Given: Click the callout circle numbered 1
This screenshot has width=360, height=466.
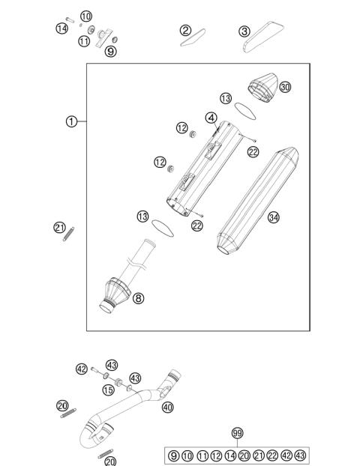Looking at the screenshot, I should point(71,121).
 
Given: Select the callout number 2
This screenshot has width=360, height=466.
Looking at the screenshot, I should point(185,30).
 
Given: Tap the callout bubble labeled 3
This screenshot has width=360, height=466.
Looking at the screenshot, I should point(244,31).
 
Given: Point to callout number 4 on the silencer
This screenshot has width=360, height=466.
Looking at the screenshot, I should point(212,118).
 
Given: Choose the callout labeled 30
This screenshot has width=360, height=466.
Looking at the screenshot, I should point(285,87).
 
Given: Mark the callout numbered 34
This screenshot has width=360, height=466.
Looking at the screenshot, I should point(274,217).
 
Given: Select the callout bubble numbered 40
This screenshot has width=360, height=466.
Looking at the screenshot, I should point(166,407).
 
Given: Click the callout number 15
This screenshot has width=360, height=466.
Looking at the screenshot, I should point(108,390).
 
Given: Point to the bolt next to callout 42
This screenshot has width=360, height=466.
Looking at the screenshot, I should point(96,369).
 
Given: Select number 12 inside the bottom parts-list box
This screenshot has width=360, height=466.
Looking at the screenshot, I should point(216,455).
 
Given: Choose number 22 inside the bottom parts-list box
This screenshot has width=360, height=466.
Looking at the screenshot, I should point(272,455).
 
